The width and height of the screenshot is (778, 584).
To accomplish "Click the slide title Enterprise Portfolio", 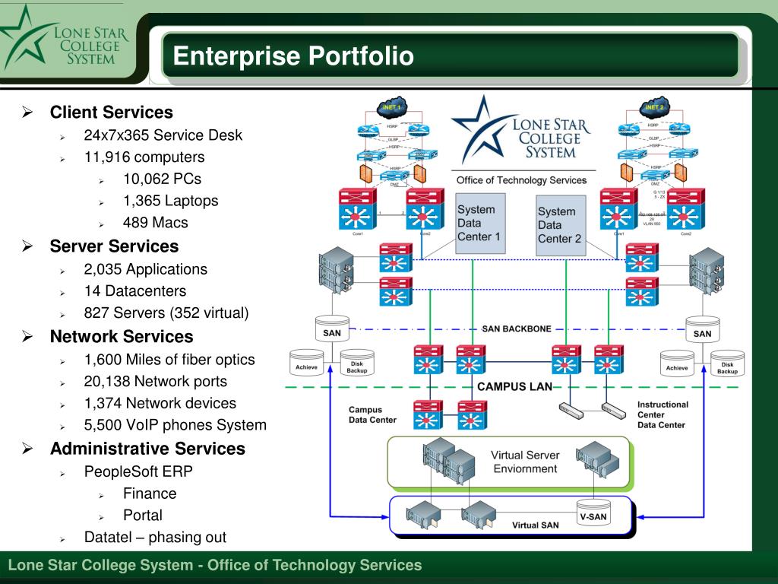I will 293,56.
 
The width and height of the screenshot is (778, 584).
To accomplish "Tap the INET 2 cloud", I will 653,107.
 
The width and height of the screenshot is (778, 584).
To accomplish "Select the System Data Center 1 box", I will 479,222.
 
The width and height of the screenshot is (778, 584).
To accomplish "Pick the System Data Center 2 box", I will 559,224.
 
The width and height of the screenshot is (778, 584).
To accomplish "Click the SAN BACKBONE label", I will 517,329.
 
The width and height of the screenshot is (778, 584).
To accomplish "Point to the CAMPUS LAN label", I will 514,387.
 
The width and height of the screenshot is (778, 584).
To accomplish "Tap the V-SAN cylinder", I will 593,514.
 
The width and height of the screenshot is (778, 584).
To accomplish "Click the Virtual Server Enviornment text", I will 525,462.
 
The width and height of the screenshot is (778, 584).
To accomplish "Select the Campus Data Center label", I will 372,414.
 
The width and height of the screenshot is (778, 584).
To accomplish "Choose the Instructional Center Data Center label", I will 662,415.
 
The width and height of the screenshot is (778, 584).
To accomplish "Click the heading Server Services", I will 114,246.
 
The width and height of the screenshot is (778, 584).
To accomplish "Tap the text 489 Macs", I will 155,223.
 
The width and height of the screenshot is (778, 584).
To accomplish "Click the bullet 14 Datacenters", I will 134,290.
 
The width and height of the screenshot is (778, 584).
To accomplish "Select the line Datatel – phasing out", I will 155,537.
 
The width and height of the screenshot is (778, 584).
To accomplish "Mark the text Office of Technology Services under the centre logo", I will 521,180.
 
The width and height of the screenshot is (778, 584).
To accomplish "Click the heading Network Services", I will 122,336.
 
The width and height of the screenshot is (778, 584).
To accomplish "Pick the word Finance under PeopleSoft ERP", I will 150,493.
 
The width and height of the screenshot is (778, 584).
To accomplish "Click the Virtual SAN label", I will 536,525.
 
